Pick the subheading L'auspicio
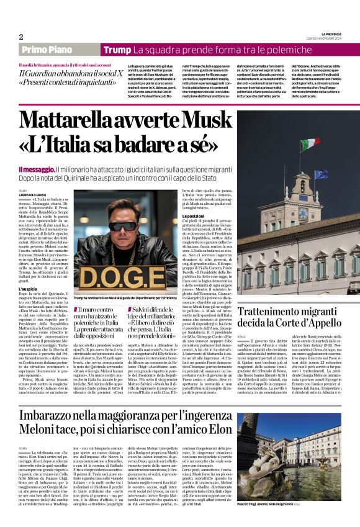(x=30, y=289)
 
